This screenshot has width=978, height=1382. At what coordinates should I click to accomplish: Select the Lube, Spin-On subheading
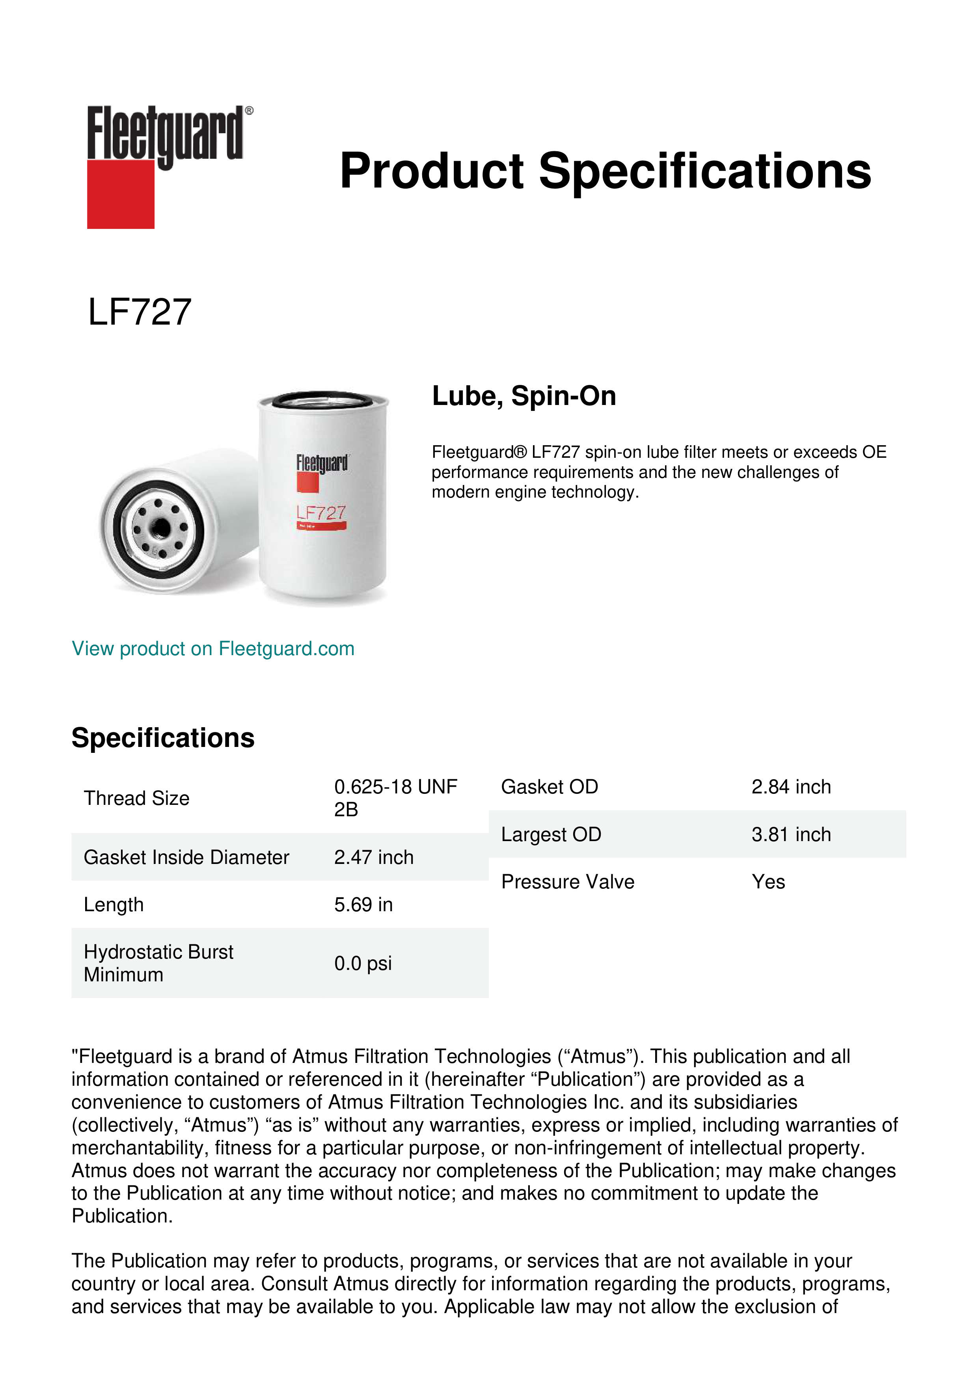click(524, 396)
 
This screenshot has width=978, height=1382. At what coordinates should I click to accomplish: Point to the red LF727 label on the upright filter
click(321, 513)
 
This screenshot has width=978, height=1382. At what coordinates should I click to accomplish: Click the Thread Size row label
click(137, 798)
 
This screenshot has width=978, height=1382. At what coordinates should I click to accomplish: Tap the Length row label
click(114, 905)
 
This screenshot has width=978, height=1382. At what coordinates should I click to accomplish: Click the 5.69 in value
click(363, 905)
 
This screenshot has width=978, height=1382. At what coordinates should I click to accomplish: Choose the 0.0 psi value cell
click(363, 963)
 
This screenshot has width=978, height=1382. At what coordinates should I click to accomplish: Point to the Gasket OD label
click(549, 787)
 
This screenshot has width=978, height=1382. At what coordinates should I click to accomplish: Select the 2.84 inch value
click(791, 787)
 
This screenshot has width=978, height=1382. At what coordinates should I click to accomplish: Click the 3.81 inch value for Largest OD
click(791, 834)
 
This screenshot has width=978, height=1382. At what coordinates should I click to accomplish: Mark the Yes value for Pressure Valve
click(768, 882)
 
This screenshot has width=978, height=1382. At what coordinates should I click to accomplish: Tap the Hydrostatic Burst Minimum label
click(158, 963)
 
